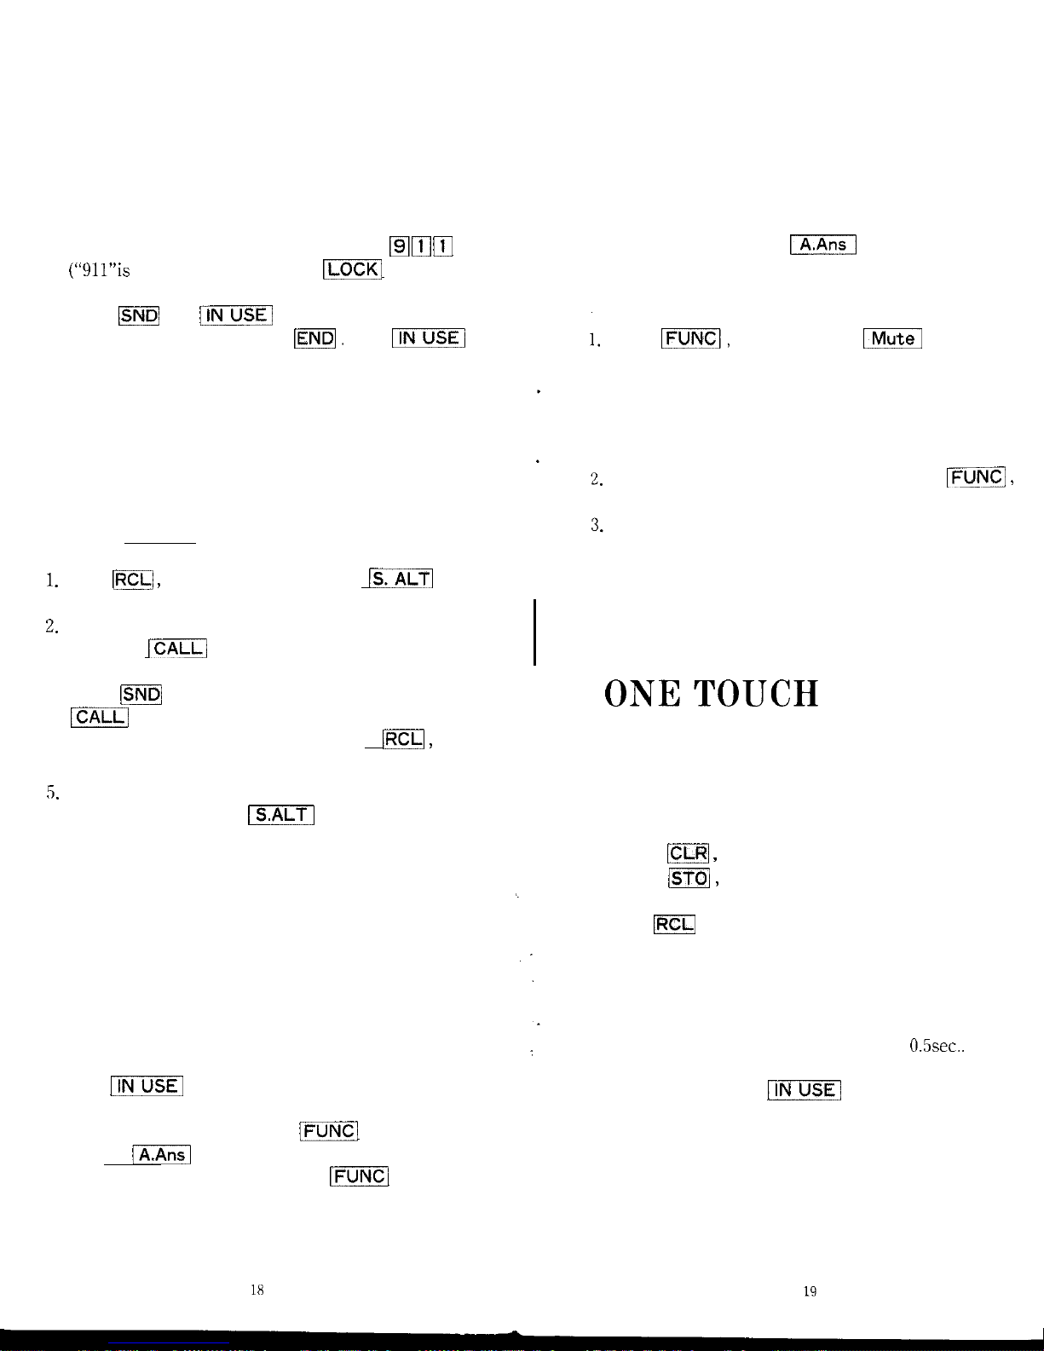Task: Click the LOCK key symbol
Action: tap(353, 269)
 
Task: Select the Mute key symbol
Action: tap(892, 338)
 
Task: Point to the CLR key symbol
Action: tap(689, 853)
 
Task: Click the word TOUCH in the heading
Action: tap(756, 694)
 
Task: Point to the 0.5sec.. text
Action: tap(937, 1046)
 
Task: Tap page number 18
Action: tap(257, 1290)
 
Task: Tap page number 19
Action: tap(810, 1291)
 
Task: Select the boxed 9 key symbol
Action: tap(398, 247)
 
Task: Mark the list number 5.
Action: tap(52, 794)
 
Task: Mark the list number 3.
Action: tap(597, 525)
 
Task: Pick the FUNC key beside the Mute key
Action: tap(691, 338)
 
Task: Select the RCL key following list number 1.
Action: tap(132, 580)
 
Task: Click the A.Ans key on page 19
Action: tap(823, 245)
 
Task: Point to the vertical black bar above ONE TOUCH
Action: tap(534, 632)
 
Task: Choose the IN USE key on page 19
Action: tap(805, 1090)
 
